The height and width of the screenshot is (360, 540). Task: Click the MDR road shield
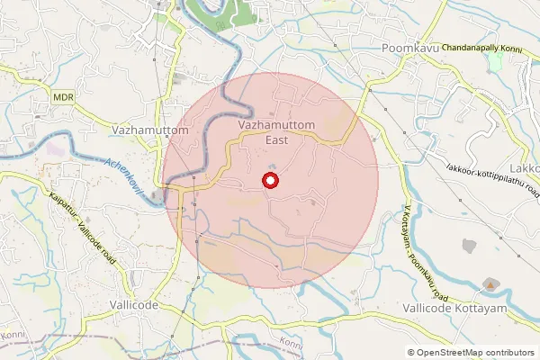[x=63, y=96]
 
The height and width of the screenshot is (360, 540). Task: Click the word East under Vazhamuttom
[x=276, y=140]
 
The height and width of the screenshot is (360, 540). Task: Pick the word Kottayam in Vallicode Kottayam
[x=483, y=308]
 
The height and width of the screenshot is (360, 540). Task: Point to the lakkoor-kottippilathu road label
[x=494, y=179]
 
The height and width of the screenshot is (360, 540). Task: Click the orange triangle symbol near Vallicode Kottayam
[x=490, y=284]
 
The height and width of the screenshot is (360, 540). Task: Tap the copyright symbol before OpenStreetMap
[x=411, y=353]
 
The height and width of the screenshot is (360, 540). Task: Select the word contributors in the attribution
[x=508, y=353]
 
